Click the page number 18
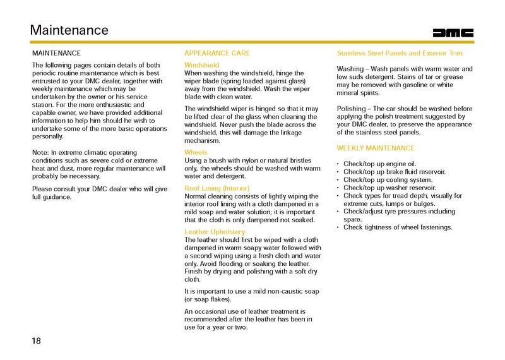[x=37, y=341]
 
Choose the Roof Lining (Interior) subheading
[x=217, y=189]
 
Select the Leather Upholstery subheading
[x=213, y=232]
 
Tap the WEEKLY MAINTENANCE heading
[x=376, y=148]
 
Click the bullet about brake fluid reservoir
[x=395, y=172]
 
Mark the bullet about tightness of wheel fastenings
[x=398, y=227]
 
